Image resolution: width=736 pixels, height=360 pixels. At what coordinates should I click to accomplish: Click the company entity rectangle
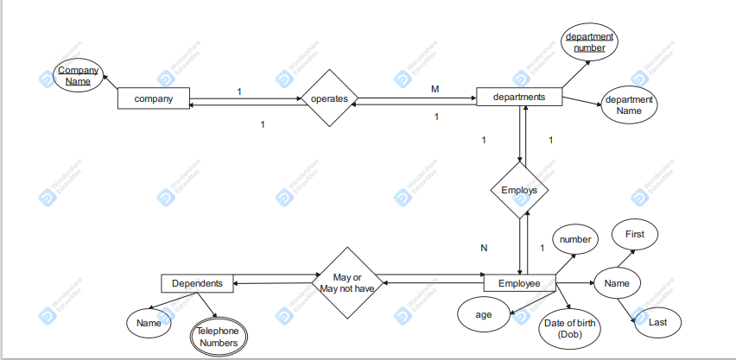[x=153, y=98]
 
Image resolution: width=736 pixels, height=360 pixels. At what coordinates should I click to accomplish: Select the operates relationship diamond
[x=328, y=98]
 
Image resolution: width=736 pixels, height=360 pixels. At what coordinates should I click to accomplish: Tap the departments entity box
[x=518, y=97]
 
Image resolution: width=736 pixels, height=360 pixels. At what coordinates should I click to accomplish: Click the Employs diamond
[x=519, y=190]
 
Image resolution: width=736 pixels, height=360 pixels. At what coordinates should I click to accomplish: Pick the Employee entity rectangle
[x=519, y=283]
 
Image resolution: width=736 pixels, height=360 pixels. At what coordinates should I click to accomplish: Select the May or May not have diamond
[x=346, y=283]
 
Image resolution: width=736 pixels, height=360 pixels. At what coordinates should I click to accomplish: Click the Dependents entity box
[x=197, y=283]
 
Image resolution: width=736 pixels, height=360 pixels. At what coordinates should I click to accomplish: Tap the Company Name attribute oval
[x=78, y=75]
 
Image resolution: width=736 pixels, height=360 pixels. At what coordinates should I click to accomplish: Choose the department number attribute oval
[x=589, y=42]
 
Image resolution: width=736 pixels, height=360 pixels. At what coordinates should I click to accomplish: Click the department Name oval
[x=629, y=105]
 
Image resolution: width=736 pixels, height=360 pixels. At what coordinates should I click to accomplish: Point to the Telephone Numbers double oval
[x=218, y=337]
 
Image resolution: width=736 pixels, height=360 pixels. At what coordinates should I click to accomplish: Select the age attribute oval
[x=484, y=315]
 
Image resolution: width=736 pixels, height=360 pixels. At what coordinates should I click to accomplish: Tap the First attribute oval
[x=634, y=234]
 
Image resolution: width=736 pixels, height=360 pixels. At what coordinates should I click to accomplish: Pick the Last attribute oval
[x=657, y=322]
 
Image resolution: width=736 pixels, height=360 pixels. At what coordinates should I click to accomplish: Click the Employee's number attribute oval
[x=574, y=238]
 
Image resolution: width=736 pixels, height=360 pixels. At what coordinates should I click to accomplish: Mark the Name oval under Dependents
[x=149, y=323]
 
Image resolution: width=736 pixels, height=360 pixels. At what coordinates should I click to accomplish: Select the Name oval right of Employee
[x=616, y=283]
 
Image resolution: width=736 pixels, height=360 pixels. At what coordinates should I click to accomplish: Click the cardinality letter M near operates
[x=435, y=89]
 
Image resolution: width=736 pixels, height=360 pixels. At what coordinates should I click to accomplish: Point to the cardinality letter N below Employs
[x=484, y=248]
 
